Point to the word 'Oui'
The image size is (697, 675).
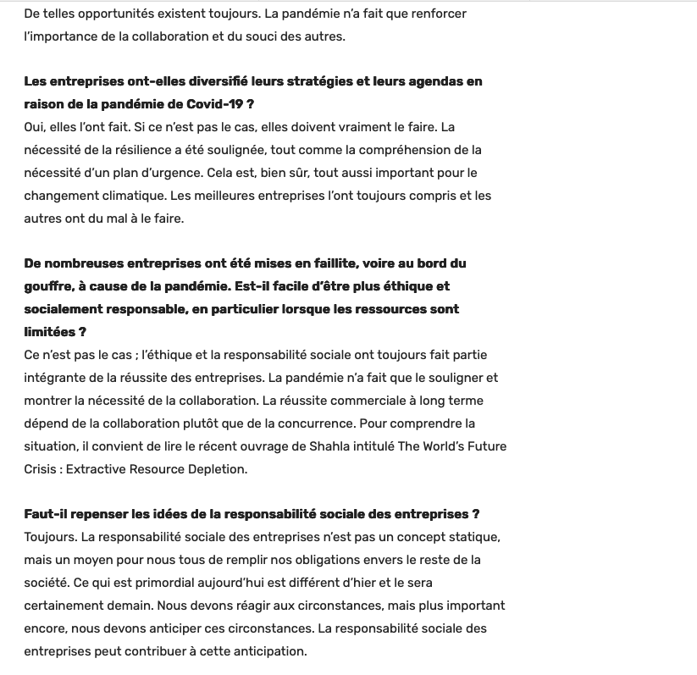click(x=35, y=127)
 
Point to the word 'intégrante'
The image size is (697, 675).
click(x=57, y=378)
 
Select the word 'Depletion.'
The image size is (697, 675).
click(x=233, y=469)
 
